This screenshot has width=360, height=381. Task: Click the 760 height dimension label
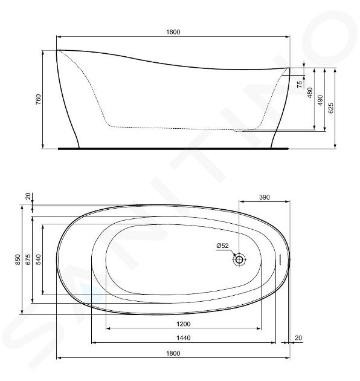click(x=38, y=99)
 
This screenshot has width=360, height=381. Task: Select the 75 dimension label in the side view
click(x=300, y=84)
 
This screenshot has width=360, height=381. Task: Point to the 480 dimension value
click(x=310, y=93)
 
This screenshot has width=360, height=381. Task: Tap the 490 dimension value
click(x=320, y=100)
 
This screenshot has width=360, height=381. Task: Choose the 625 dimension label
click(x=331, y=108)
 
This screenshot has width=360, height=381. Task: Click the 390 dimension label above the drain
click(x=265, y=197)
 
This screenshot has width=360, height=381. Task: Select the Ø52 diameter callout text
click(x=223, y=246)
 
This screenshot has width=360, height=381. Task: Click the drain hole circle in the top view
click(x=239, y=259)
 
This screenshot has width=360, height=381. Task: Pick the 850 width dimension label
click(x=18, y=259)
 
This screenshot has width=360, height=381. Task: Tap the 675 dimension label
click(x=28, y=259)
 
